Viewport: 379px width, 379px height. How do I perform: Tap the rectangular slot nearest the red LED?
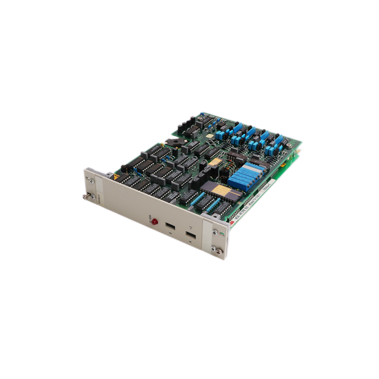(x=169, y=226)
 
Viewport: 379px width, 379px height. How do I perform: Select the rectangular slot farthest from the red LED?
(x=189, y=236)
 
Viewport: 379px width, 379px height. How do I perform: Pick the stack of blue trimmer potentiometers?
(x=246, y=175)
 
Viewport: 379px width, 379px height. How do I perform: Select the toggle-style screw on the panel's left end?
(x=85, y=196)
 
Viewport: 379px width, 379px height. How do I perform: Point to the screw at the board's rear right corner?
(x=289, y=145)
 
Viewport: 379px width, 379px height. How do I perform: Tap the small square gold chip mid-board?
(x=216, y=162)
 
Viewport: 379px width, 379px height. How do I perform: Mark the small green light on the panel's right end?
(x=222, y=235)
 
